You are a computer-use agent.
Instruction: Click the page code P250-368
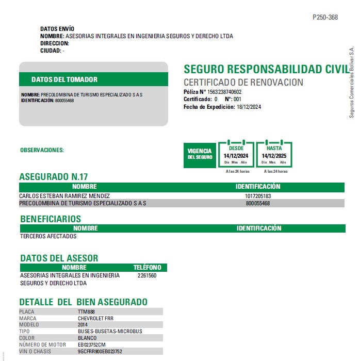pos(325,17)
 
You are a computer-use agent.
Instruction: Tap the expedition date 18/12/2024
pos(249,107)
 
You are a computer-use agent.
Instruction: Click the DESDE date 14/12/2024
pos(236,155)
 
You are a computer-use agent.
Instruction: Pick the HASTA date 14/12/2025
pos(274,155)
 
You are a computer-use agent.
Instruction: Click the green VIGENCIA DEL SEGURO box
pos(200,154)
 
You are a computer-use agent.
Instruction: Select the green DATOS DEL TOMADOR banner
pos(93,79)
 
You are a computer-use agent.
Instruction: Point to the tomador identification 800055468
pos(64,101)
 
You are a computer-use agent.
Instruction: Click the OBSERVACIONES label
pos(42,150)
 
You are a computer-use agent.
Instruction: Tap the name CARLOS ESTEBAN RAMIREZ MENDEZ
pos(64,196)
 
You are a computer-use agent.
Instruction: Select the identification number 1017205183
pos(258,196)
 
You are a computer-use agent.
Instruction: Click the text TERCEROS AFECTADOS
pos(48,236)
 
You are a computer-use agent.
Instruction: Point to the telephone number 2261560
pos(147,275)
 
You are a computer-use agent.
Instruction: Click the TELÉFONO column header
pos(147,268)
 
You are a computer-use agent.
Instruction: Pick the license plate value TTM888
pos(86,312)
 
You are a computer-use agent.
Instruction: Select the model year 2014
pos(83,325)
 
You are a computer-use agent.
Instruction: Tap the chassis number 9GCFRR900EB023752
pos(100,351)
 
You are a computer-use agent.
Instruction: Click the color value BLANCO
pos(87,338)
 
